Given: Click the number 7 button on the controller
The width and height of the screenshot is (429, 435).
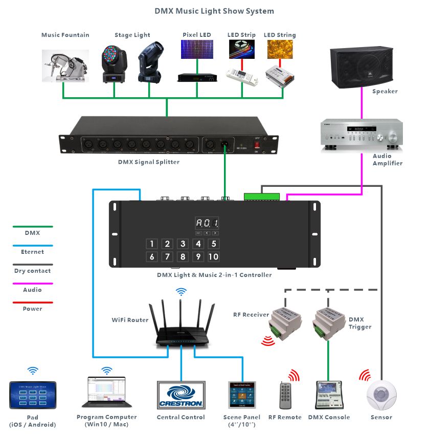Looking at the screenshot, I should (167, 257).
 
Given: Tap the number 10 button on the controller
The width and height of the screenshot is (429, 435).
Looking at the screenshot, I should (213, 257).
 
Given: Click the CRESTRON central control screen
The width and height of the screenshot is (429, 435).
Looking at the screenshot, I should (180, 395).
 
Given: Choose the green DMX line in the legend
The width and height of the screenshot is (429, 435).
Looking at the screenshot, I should (33, 226).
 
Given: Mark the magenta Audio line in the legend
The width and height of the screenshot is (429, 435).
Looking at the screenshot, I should (33, 283).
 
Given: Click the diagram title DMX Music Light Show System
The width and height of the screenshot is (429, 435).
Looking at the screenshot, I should (214, 11).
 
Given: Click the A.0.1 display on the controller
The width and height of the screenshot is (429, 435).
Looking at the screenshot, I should (207, 223).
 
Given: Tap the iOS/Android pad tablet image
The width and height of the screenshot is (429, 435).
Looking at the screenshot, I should (33, 395).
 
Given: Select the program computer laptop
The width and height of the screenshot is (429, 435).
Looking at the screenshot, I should (106, 393).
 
